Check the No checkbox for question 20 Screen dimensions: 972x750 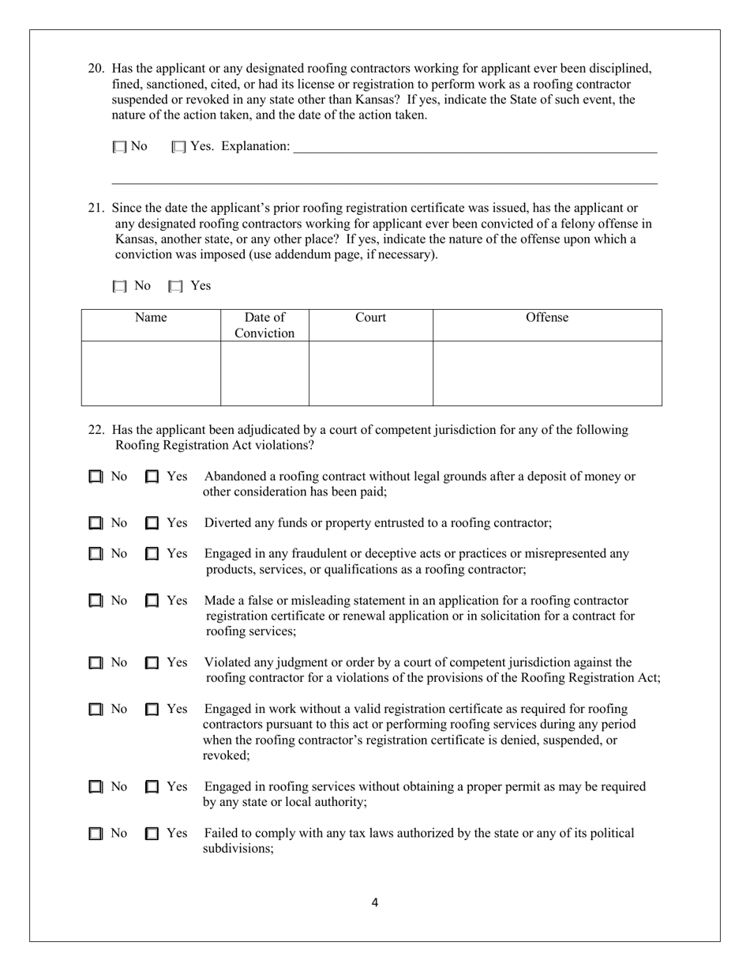click(119, 147)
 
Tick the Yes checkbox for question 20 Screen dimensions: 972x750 click(178, 147)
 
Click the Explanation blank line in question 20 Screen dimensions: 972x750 click(474, 147)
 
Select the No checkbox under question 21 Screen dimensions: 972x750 click(119, 286)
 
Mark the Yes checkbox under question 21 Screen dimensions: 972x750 click(176, 286)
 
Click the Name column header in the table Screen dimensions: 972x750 click(151, 318)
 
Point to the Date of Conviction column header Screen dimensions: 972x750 click(264, 325)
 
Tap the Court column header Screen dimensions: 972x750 click(370, 318)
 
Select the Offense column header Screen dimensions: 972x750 click(547, 318)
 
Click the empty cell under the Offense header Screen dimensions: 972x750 click(547, 373)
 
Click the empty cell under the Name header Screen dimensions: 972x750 click(151, 373)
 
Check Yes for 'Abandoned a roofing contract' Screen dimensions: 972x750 click(152, 477)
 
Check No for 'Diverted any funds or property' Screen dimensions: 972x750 click(96, 523)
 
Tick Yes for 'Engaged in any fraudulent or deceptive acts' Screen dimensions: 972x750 click(152, 554)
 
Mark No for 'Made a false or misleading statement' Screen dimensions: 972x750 click(96, 601)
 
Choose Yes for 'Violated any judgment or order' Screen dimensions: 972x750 click(152, 663)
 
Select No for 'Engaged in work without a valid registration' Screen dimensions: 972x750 click(96, 710)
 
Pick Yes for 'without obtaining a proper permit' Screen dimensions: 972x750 click(152, 787)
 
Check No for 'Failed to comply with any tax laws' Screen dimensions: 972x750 click(96, 834)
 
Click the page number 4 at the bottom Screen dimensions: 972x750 click(374, 903)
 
